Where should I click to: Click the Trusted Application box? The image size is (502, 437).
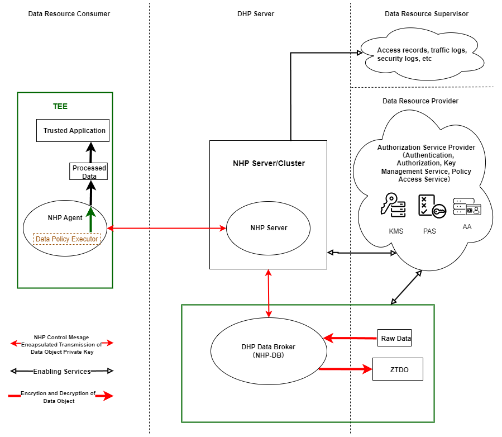(x=74, y=130)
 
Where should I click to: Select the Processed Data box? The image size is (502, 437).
(x=89, y=172)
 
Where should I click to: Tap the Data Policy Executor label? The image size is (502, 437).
(x=67, y=239)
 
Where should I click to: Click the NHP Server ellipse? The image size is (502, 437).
(x=269, y=228)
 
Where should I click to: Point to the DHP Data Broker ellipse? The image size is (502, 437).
(x=269, y=351)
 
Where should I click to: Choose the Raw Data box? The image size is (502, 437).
(x=395, y=338)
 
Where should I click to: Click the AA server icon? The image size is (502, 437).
(x=467, y=206)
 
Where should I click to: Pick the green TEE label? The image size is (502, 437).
(x=60, y=106)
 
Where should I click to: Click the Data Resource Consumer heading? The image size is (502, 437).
(x=69, y=13)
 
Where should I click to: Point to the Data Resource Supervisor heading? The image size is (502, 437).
(x=426, y=13)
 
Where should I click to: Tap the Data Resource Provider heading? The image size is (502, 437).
(x=420, y=101)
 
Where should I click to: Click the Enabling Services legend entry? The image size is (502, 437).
(x=61, y=371)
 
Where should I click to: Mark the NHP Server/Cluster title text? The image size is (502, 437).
(x=269, y=164)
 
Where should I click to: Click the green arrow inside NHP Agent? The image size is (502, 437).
(x=89, y=218)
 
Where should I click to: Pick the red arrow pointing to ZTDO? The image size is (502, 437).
(x=346, y=369)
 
